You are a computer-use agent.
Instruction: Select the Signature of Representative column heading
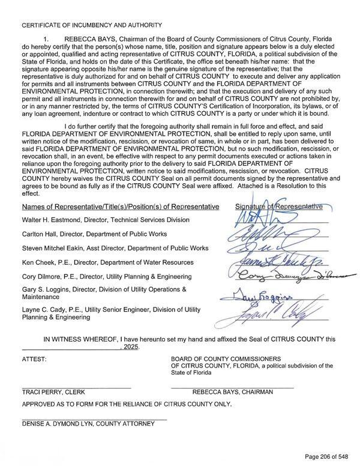[x=279, y=207]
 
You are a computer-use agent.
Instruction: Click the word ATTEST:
[x=34, y=359]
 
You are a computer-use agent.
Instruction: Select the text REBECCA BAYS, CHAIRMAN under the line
[x=232, y=392]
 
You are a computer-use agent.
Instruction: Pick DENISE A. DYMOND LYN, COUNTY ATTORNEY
[x=88, y=424]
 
